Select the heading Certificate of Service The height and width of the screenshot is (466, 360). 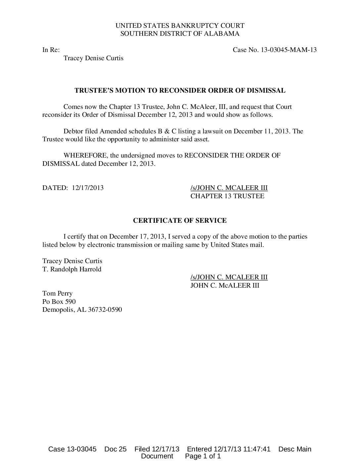point(180,220)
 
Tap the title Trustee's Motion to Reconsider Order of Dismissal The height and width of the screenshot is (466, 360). point(180,90)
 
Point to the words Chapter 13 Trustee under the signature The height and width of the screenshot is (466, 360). point(227,196)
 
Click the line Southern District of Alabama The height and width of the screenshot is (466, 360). point(180,33)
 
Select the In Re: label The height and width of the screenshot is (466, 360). point(51,50)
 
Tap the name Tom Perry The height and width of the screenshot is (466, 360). point(57,293)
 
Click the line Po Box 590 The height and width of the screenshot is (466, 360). point(59,302)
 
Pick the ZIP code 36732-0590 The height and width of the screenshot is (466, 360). point(105,310)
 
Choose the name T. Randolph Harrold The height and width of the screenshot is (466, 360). point(72,269)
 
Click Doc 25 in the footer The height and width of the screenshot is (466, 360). point(115,449)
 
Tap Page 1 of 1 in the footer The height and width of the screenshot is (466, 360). point(203,456)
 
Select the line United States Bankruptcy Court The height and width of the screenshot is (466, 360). point(180,25)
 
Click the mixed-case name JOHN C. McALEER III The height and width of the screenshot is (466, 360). point(225,285)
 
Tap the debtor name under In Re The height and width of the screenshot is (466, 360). point(93,58)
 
